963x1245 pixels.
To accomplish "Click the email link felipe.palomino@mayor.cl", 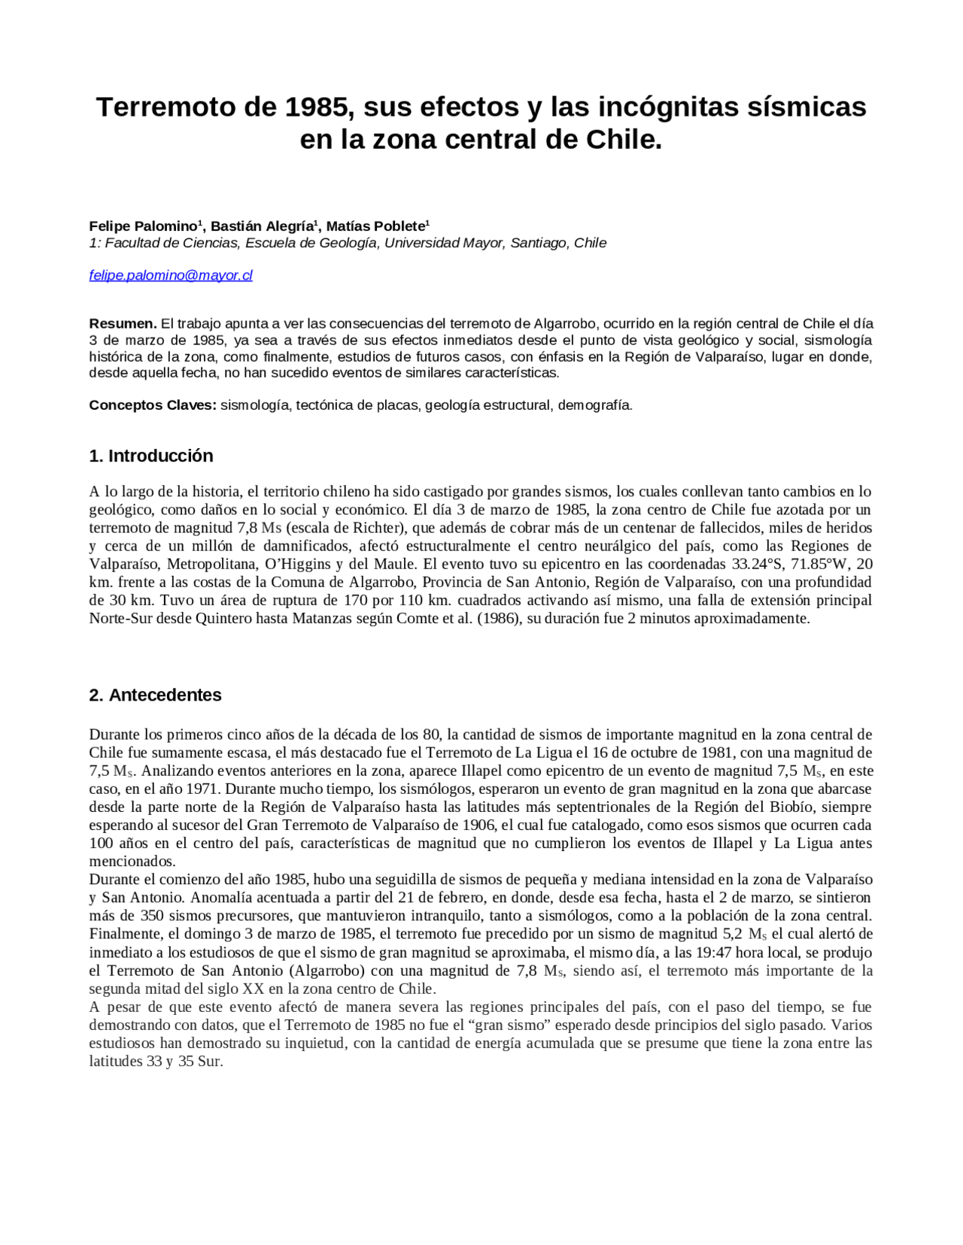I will [171, 276].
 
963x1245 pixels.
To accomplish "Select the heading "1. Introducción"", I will [150, 456].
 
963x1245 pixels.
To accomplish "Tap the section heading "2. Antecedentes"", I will [155, 695].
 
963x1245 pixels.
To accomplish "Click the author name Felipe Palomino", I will [142, 226].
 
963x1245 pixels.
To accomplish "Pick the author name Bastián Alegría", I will [261, 226].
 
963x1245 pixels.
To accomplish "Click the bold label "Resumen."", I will [123, 324].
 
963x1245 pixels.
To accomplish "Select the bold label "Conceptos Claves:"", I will [153, 405].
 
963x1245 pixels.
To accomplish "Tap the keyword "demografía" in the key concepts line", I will [594, 405].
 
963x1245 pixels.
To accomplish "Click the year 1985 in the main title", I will [319, 107].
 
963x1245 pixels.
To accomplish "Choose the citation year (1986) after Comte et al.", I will [498, 619].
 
